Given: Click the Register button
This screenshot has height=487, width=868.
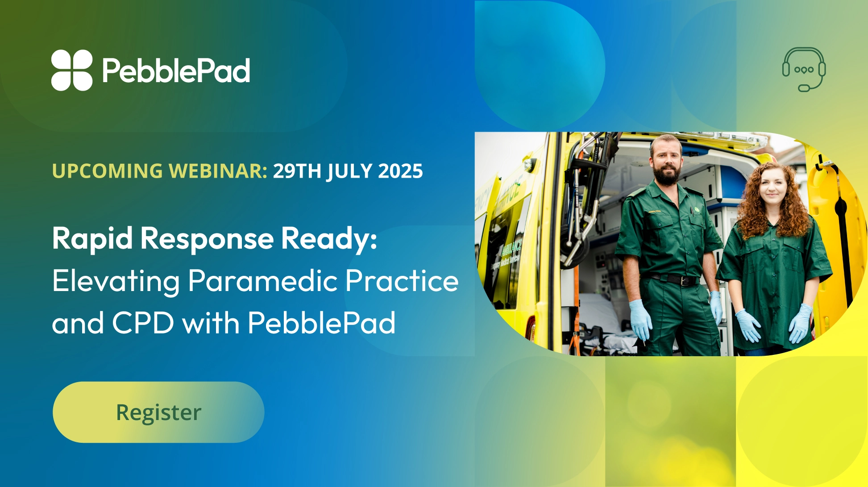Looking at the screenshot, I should click(158, 412).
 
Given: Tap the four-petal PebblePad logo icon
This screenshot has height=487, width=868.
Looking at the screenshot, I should click(72, 70).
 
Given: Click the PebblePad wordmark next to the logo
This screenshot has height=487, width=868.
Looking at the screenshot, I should click(176, 71).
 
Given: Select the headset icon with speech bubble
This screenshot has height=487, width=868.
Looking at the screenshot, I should click(804, 69).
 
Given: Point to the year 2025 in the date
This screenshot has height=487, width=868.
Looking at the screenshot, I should click(400, 171).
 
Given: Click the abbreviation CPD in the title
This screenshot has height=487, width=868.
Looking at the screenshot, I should click(143, 323).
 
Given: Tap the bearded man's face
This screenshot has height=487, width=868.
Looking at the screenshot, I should click(665, 161).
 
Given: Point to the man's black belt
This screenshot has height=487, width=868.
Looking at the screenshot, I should click(674, 280).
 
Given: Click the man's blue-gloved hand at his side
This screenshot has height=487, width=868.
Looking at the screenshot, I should click(640, 319).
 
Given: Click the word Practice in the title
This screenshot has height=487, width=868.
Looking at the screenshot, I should click(402, 281).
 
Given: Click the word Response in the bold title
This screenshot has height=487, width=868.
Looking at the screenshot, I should click(207, 239).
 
